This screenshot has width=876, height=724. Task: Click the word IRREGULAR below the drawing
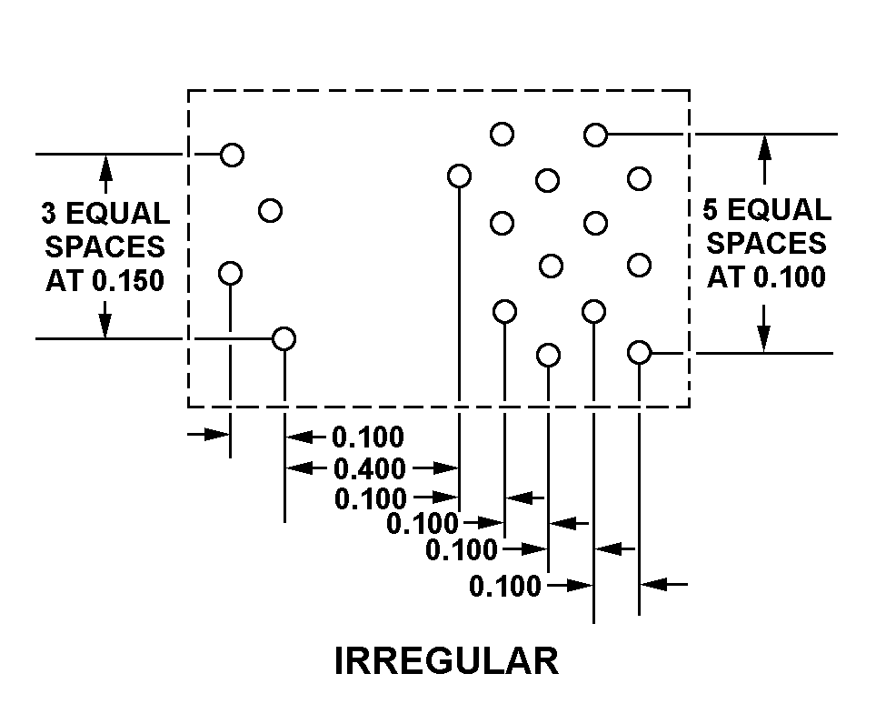click(x=446, y=661)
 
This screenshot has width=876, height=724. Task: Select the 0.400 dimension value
click(x=370, y=468)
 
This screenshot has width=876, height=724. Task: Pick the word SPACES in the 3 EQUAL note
click(x=105, y=247)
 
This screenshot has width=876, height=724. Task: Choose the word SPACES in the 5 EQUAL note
click(x=766, y=244)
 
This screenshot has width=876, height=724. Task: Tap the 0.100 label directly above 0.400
click(x=368, y=437)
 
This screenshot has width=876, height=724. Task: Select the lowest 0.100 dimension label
click(x=505, y=587)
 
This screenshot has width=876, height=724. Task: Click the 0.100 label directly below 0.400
click(x=371, y=498)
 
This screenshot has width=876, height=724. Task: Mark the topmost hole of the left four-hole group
click(x=233, y=155)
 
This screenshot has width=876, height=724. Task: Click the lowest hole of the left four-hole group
click(x=284, y=338)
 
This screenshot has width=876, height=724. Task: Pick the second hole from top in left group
click(x=270, y=211)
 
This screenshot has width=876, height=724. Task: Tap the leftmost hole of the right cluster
click(x=460, y=176)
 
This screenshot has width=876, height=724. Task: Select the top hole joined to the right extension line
click(x=595, y=135)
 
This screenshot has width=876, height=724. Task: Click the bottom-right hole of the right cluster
click(x=640, y=352)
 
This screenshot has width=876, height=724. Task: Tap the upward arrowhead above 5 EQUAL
click(x=765, y=146)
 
